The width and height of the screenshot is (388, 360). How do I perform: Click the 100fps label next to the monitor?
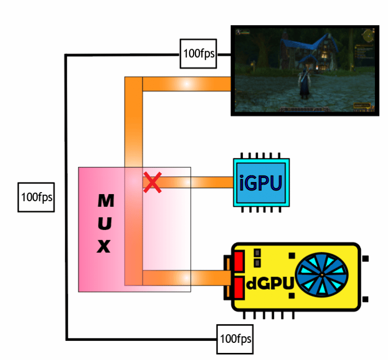198,53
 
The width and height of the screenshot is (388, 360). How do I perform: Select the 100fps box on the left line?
37,196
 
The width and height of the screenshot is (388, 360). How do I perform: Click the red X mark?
151,182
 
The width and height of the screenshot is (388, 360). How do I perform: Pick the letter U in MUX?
105,223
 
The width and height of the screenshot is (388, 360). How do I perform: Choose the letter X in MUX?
104,246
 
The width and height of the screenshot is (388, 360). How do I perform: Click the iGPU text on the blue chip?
261,183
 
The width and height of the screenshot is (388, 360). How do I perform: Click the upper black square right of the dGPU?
365,259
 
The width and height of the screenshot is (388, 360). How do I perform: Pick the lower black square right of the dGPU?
365,298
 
